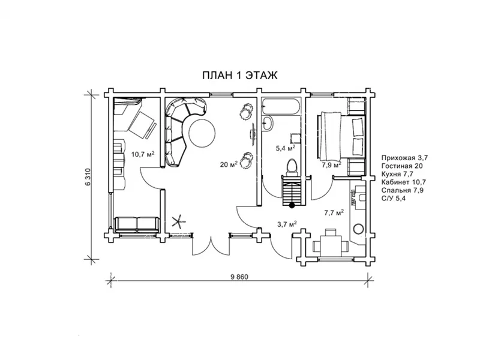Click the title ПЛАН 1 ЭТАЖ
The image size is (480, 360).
click(x=239, y=75)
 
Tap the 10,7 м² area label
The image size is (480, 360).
click(x=143, y=154)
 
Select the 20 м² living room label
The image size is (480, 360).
click(x=229, y=164)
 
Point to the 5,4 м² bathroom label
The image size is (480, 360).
click(x=286, y=148)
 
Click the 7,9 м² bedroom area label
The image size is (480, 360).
click(x=331, y=166)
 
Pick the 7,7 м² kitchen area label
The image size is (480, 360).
click(x=334, y=212)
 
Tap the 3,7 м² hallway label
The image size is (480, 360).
click(x=287, y=224)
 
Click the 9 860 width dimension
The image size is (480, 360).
click(x=239, y=277)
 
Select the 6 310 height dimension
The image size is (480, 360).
click(x=88, y=177)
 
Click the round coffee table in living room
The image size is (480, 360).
click(x=202, y=132)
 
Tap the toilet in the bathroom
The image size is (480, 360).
click(x=292, y=167)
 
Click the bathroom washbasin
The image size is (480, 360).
click(x=268, y=123)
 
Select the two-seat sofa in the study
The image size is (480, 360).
click(x=137, y=224)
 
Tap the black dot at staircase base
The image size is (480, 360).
click(x=292, y=206)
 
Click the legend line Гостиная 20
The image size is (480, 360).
click(x=402, y=166)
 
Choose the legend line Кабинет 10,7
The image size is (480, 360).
click(x=403, y=182)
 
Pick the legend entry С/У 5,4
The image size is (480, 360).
click(x=395, y=199)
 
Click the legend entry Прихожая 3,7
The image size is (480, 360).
click(x=404, y=158)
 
